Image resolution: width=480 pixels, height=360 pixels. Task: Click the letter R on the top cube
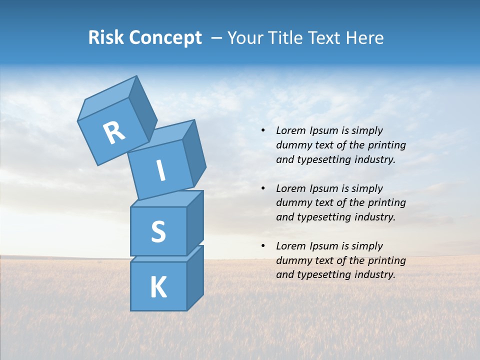click(114, 133)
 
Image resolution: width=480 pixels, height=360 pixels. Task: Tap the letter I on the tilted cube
click(161, 171)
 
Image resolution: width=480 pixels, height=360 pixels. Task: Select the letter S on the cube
click(158, 232)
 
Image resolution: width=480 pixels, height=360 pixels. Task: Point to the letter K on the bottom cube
click(158, 287)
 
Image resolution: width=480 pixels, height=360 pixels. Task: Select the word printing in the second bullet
click(386, 203)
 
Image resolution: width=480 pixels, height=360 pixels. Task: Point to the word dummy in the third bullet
click(292, 260)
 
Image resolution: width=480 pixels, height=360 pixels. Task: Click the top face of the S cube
click(166, 199)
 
